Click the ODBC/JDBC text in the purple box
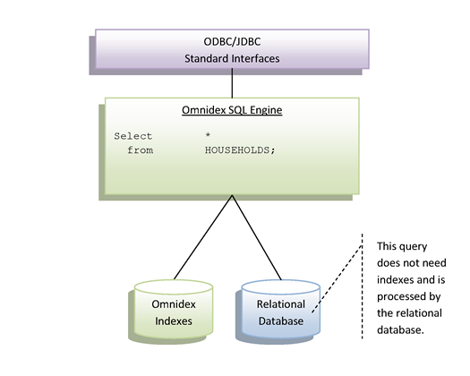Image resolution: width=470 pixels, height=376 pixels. coord(232,42)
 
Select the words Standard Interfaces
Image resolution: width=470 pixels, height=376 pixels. coord(232,58)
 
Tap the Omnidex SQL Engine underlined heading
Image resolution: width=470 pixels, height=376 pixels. coord(232,110)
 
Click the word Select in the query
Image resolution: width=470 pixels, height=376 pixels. coord(133,136)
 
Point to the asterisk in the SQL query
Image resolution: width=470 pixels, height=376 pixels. coord(208,135)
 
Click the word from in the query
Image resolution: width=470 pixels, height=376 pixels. coord(141,150)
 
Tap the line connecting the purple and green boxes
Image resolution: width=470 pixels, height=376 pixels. coord(232,83)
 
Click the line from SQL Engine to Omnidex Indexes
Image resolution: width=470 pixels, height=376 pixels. coord(203,237)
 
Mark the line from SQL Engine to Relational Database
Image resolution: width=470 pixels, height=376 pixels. coord(257,237)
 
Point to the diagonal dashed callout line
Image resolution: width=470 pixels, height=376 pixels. coord(337,278)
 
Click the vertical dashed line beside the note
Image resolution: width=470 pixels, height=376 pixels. coord(362,286)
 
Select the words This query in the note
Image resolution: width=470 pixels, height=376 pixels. coord(402,246)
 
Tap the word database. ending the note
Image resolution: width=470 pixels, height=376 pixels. coord(400,329)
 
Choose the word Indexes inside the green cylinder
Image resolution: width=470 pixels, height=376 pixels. coord(174,321)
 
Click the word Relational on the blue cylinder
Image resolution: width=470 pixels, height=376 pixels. coord(281,304)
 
